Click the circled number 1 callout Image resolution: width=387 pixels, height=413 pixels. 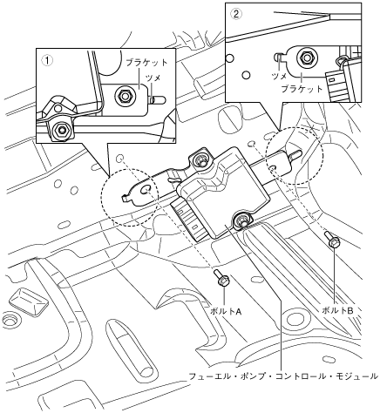47,60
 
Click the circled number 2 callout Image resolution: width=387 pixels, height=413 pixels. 236,14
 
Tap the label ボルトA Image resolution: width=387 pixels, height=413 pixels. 226,312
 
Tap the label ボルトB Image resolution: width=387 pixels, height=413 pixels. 337,310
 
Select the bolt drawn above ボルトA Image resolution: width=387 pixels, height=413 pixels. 221,278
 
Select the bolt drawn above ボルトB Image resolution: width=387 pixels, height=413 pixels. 332,240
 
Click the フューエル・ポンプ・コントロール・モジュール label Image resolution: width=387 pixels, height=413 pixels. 283,376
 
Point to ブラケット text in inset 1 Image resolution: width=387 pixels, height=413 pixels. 147,62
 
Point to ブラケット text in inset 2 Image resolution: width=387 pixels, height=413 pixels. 302,88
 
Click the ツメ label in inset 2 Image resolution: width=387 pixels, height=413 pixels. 279,76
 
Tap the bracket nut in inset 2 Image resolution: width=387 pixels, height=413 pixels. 305,58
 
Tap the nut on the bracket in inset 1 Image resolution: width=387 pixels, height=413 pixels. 125,95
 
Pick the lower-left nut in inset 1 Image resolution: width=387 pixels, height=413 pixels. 61,129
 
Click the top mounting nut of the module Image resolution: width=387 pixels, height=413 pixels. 199,159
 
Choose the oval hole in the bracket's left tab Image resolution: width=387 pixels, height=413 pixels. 145,190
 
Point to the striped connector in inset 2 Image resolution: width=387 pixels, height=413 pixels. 337,85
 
